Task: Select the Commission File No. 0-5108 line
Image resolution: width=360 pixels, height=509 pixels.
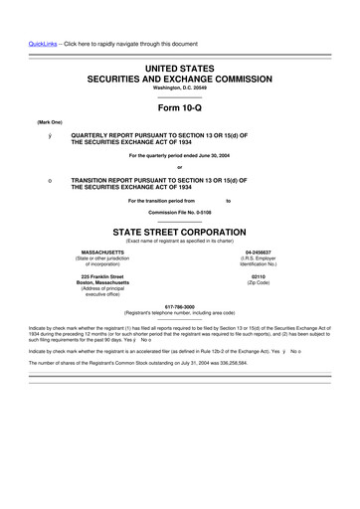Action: pos(180,212)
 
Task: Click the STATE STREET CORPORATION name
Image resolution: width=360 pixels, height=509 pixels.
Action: pos(180,231)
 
